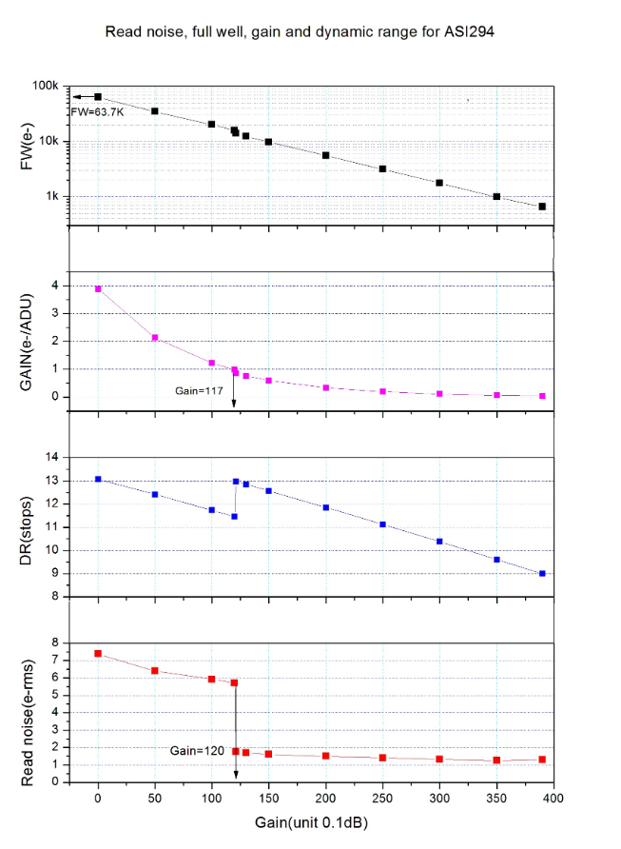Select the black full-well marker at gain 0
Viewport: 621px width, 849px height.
98,97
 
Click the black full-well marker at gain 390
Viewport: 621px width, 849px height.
542,207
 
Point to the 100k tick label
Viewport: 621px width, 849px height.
47,87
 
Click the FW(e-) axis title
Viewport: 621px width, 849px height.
28,156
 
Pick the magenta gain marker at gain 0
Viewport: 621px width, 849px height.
98,288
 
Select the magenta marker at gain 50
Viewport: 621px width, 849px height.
155,338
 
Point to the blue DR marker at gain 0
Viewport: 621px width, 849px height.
98,480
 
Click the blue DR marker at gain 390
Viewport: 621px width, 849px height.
542,574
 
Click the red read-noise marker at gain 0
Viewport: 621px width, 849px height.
98,654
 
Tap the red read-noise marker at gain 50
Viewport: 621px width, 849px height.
155,671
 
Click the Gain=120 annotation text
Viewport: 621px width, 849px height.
197,751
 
